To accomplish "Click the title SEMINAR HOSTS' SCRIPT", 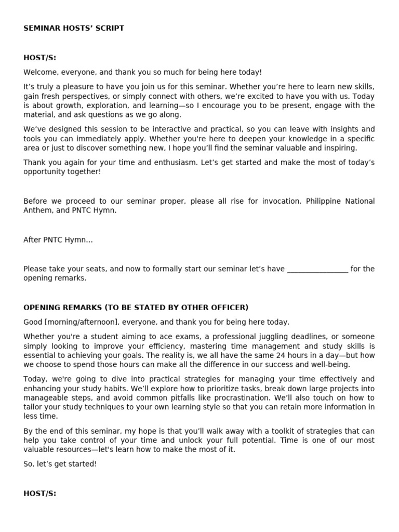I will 74,28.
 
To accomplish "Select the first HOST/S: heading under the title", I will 40,58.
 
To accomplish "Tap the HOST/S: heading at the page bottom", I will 40,494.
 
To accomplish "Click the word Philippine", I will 324,201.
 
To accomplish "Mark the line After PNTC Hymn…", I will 58,240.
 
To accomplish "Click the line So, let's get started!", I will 60,464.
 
